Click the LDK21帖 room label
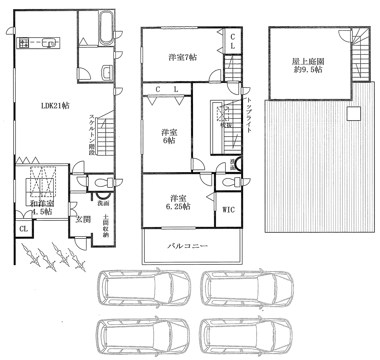point(55,106)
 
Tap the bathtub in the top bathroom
point(106,28)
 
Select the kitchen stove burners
point(24,43)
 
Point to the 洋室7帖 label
point(183,57)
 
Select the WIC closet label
point(229,209)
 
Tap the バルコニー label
point(188,246)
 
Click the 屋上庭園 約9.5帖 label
point(308,65)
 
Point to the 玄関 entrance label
point(83,219)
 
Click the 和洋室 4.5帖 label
point(41,208)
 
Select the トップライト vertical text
point(249,115)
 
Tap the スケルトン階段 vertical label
point(92,135)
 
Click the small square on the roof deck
point(354,114)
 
